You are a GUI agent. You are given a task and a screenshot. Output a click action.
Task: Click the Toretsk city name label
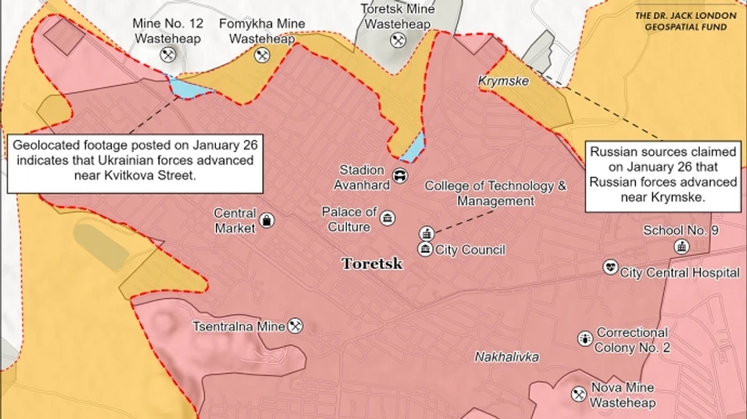372,264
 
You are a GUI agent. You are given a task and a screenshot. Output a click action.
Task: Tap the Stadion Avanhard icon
399,175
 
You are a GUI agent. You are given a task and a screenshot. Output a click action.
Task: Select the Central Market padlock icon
267,220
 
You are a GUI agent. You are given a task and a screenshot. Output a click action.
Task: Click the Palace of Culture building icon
387,218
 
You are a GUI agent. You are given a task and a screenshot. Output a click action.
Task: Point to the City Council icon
425,249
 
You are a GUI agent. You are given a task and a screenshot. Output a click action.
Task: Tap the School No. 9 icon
681,246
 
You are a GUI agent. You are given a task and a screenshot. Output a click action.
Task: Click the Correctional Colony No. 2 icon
584,339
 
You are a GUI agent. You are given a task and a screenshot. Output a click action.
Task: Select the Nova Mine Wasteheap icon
579,393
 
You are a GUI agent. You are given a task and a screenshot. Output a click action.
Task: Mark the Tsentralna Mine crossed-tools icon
295,326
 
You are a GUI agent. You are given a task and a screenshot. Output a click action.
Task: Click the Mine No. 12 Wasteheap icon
168,55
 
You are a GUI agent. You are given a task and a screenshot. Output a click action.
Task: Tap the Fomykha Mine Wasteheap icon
262,55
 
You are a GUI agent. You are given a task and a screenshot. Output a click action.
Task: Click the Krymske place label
503,81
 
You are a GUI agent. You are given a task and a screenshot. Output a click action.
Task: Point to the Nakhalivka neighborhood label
506,357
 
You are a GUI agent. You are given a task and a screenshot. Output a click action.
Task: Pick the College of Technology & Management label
496,193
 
